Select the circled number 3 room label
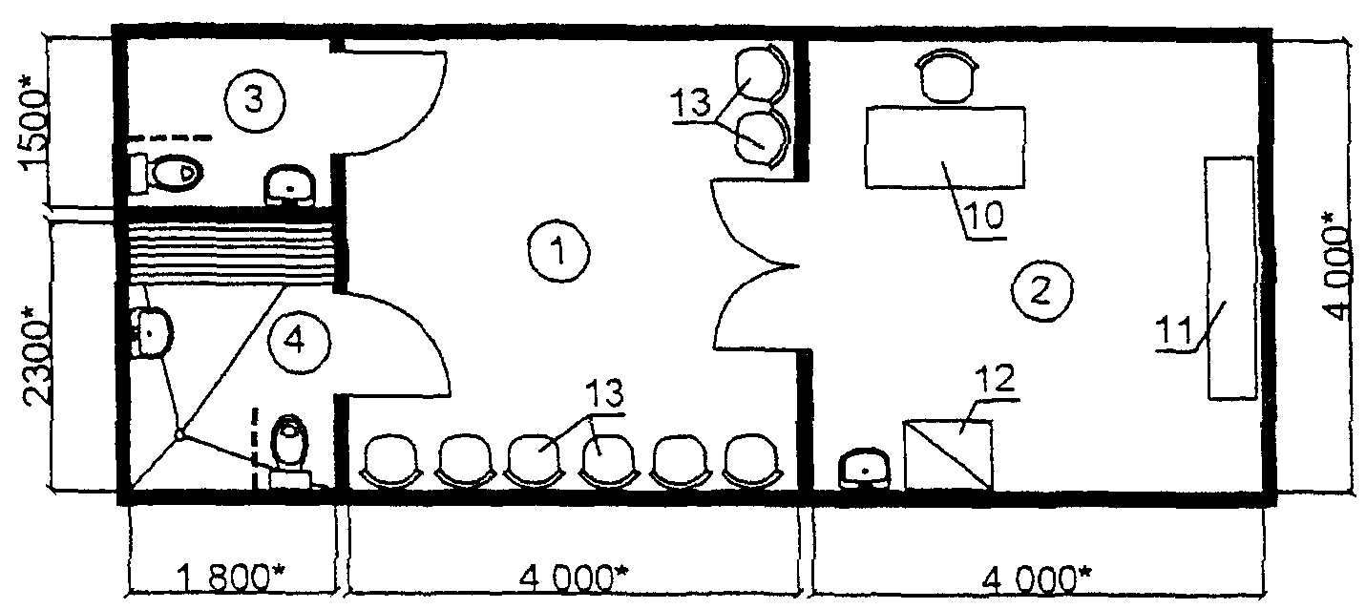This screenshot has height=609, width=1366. tap(254, 98)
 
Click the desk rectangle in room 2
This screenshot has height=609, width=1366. tap(945, 146)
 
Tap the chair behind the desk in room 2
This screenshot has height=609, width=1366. tap(946, 76)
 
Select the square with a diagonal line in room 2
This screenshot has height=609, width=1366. tap(948, 454)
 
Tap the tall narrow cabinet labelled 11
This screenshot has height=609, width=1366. tap(1229, 277)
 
